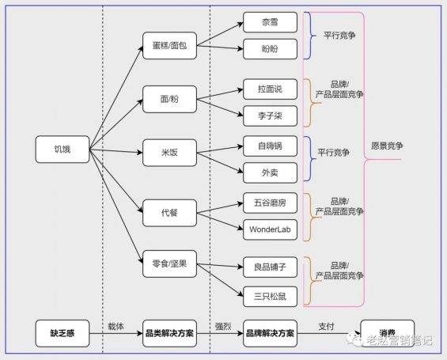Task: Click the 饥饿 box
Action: [62, 149]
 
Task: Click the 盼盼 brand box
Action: [270, 49]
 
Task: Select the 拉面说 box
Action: [270, 85]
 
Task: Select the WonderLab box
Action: [270, 230]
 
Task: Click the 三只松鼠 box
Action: [270, 295]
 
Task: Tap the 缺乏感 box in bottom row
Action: [63, 332]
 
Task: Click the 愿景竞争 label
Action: [387, 147]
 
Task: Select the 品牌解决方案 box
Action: [270, 333]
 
